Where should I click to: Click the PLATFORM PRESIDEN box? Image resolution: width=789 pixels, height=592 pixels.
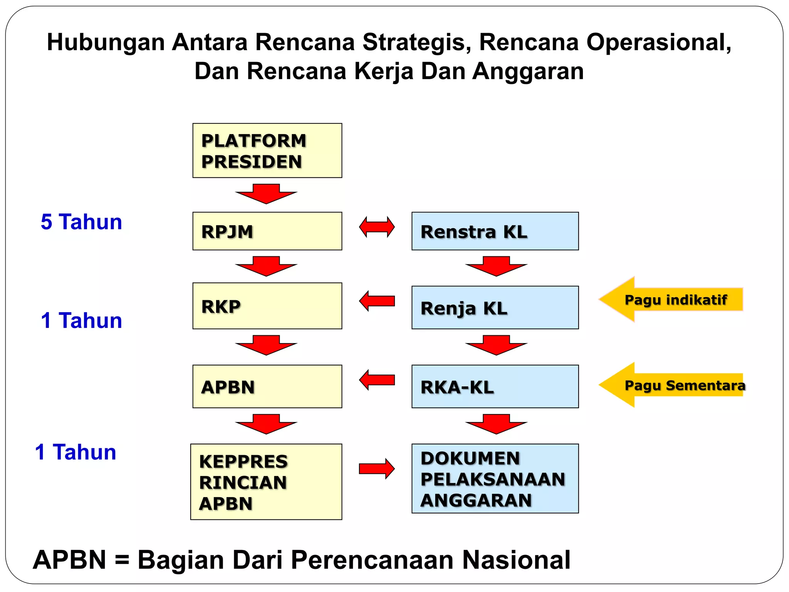click(267, 151)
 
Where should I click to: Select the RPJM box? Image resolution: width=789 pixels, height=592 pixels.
click(267, 231)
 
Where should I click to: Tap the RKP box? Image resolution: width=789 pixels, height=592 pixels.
click(267, 306)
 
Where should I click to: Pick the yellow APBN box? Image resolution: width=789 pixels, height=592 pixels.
click(267, 387)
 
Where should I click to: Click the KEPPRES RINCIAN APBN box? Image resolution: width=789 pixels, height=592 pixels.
click(266, 482)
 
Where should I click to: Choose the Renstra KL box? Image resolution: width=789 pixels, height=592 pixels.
click(495, 231)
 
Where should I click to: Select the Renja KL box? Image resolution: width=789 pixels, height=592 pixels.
click(495, 308)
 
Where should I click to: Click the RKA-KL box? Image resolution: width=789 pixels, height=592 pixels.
click(495, 387)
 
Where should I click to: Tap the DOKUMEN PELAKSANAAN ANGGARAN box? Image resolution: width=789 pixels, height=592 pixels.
click(495, 479)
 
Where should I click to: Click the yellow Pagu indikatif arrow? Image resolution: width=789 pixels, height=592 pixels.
click(670, 299)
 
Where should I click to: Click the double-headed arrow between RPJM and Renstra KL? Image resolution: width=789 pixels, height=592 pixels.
click(377, 227)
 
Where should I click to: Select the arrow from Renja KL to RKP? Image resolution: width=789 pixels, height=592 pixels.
click(377, 301)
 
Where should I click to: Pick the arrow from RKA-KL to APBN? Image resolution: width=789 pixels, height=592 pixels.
click(377, 380)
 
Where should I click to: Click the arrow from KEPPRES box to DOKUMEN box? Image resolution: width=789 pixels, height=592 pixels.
click(377, 469)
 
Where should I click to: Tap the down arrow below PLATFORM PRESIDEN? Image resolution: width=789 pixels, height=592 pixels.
click(266, 194)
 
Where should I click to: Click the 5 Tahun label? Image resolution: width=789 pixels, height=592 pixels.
click(81, 222)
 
